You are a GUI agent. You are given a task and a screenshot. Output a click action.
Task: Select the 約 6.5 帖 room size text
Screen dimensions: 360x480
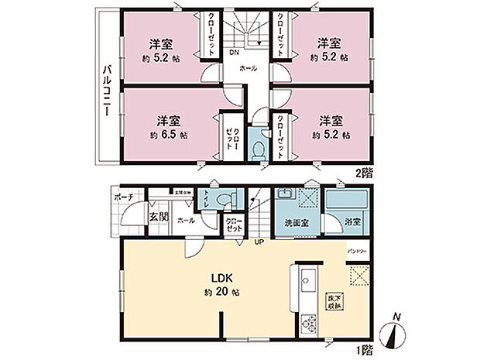(x=164, y=134)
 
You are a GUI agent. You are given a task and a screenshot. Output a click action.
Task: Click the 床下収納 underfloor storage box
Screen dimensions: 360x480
(x=332, y=303)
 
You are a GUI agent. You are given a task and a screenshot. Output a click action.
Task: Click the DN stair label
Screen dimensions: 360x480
(x=234, y=53)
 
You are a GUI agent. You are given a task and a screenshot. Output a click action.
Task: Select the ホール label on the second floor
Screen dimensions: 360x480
(x=249, y=69)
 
